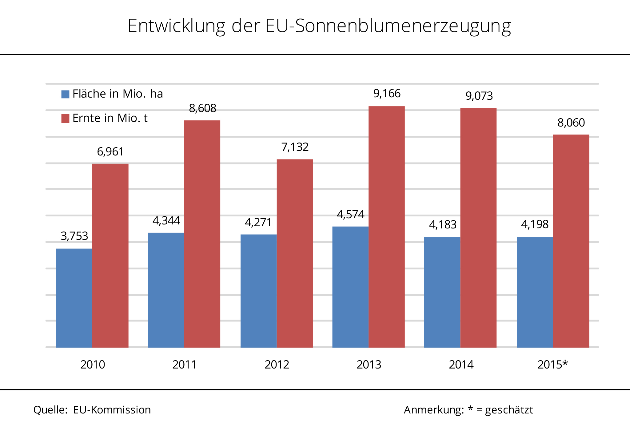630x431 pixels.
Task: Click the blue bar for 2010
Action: tap(74, 298)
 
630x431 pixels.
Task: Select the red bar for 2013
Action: tap(386, 227)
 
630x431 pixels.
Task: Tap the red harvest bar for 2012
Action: tap(295, 253)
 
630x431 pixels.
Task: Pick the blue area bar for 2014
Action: tap(442, 292)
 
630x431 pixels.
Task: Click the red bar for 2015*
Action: tap(571, 241)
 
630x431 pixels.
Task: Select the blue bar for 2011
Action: tap(166, 290)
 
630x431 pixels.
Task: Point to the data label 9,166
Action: tap(387, 94)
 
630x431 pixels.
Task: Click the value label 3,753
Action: tap(74, 236)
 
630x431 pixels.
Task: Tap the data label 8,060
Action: tap(571, 123)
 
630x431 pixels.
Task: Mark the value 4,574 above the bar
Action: tap(350, 214)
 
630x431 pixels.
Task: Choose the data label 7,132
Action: tap(295, 147)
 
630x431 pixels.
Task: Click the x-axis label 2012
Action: tap(277, 365)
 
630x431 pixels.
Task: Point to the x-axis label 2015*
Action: tap(552, 365)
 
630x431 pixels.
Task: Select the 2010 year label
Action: tap(93, 365)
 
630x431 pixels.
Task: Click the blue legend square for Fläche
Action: tap(65, 94)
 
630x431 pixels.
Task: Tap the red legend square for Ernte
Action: tap(65, 119)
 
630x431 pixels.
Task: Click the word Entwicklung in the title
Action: tap(176, 26)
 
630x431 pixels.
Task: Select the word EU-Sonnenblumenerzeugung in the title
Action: tap(388, 26)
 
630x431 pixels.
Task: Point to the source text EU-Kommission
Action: tap(112, 410)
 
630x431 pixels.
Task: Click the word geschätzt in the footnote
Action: tap(509, 410)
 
